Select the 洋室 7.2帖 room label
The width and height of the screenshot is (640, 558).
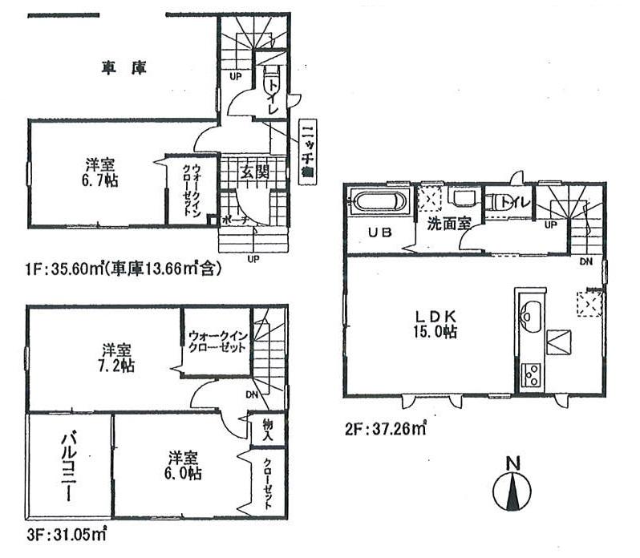117,358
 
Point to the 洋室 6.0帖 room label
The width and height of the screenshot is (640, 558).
184,465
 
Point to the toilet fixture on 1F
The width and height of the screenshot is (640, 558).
269,84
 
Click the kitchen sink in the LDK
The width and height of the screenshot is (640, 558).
529,312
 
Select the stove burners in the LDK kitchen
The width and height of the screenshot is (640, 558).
530,374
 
